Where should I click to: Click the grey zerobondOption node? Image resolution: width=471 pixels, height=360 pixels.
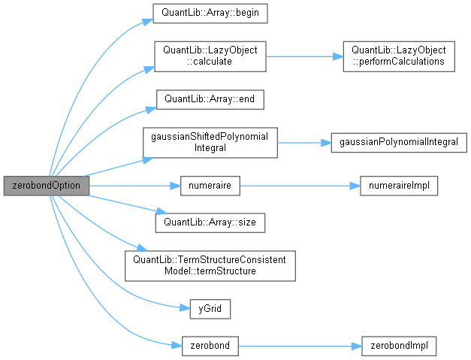[46, 185]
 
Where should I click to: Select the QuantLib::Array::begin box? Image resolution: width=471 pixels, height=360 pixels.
[210, 13]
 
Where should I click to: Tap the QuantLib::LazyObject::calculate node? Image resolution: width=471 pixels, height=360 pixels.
[210, 56]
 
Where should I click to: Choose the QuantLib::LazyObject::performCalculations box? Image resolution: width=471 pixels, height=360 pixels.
[399, 56]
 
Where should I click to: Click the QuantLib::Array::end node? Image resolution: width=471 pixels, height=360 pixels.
[210, 99]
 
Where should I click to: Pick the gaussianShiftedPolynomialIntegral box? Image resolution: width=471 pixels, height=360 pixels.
[210, 142]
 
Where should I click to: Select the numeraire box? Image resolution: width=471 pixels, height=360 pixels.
[210, 185]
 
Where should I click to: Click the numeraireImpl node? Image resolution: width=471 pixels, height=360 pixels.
[398, 185]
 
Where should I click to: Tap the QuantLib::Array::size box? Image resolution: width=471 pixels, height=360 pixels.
[210, 222]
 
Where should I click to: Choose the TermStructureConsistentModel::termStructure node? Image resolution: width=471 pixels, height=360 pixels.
[210, 265]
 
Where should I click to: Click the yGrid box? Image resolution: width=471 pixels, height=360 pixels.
[210, 308]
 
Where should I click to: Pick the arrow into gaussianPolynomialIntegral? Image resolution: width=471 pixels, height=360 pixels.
[303, 142]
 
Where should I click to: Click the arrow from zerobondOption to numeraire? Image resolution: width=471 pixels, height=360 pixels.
[135, 185]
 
